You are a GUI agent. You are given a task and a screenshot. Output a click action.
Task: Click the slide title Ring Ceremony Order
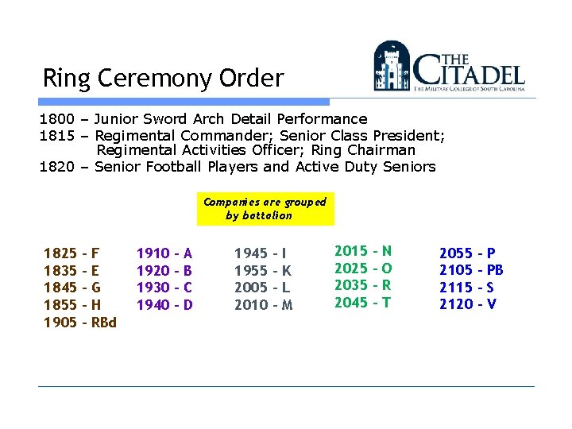tap(163, 79)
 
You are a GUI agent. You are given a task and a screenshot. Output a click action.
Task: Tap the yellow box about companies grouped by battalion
tap(265, 208)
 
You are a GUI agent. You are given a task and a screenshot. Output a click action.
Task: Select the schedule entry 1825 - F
tap(71, 253)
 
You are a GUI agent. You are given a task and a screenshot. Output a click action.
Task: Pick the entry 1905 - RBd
tap(79, 322)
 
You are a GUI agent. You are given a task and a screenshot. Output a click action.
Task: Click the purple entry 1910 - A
tap(164, 253)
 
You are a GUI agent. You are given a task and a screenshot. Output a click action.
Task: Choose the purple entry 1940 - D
tap(164, 304)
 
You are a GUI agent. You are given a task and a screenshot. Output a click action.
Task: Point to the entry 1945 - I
tap(260, 253)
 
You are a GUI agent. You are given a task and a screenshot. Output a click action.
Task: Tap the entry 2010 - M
tap(263, 304)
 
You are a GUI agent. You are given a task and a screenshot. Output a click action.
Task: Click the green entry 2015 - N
tap(363, 251)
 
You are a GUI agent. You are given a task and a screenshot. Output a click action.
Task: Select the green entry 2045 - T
tap(362, 302)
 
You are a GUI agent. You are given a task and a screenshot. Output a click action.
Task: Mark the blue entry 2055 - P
tap(467, 253)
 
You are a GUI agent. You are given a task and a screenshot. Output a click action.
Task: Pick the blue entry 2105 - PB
tap(471, 270)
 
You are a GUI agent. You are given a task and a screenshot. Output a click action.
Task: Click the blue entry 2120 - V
tap(468, 304)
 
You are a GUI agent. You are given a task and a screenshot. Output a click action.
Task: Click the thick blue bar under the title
tap(184, 102)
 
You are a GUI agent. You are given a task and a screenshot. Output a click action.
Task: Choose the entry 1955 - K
tap(262, 270)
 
